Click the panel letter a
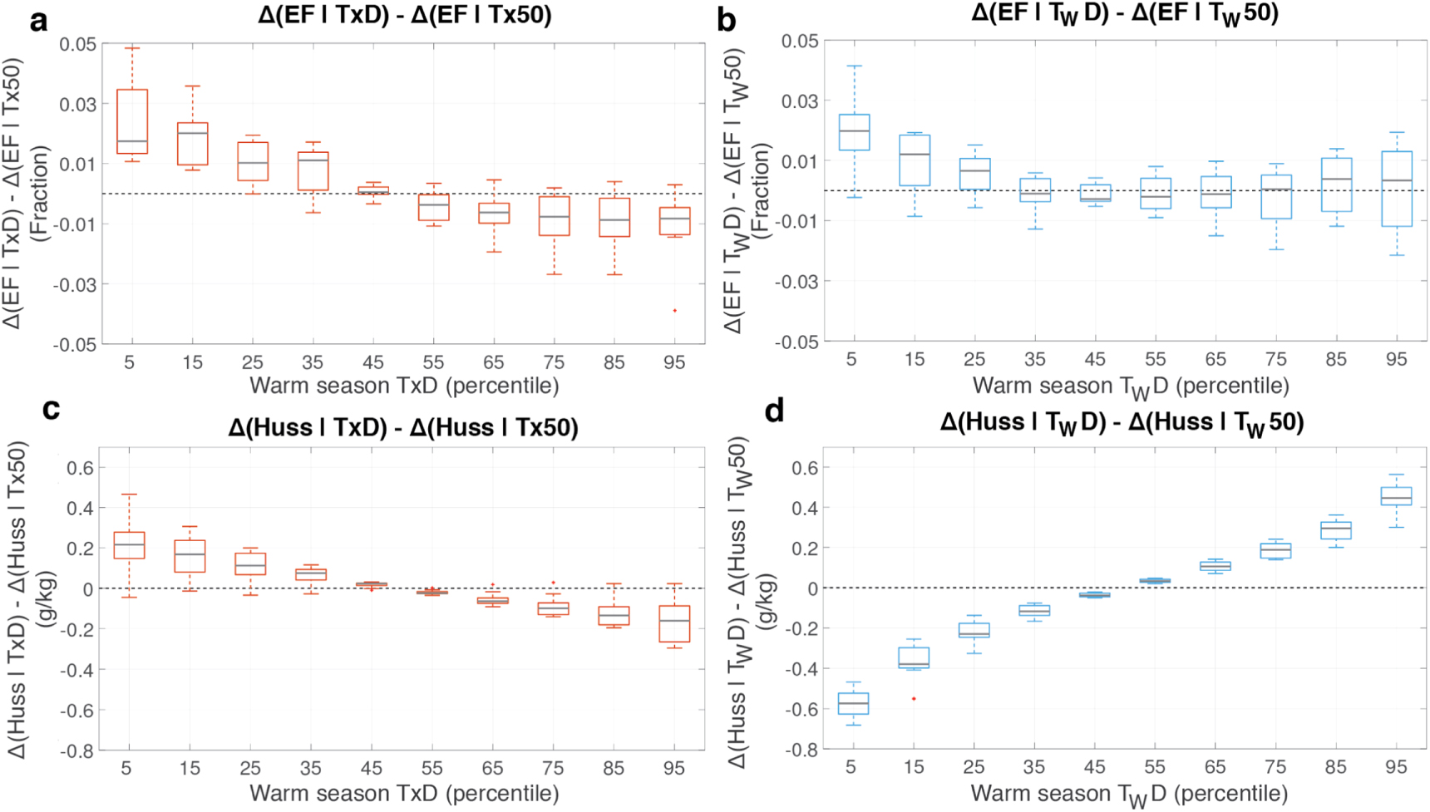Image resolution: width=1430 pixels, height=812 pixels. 38,20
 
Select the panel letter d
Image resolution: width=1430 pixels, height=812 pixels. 774,411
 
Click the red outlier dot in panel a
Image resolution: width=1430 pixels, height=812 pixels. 674,311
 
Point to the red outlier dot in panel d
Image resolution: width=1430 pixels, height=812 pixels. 914,699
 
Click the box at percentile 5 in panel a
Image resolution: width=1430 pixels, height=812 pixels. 132,121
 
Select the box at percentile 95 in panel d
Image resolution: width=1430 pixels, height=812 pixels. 1396,496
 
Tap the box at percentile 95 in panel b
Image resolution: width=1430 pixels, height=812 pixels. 1396,189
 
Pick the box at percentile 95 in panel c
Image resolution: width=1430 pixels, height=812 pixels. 674,623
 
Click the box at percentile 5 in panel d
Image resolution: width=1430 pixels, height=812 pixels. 853,703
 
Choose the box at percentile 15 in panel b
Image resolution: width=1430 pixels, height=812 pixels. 915,160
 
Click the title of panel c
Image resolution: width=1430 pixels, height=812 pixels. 403,427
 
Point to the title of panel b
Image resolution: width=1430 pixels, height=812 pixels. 1124,14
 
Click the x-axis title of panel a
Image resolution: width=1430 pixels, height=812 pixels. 404,386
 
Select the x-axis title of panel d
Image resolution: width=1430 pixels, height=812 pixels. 1129,794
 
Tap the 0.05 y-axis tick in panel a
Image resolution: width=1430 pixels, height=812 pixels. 76,44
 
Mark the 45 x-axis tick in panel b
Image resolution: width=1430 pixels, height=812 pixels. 1095,359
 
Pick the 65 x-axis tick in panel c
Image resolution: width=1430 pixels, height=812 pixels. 492,768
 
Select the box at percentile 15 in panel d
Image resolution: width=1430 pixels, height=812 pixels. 914,657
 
